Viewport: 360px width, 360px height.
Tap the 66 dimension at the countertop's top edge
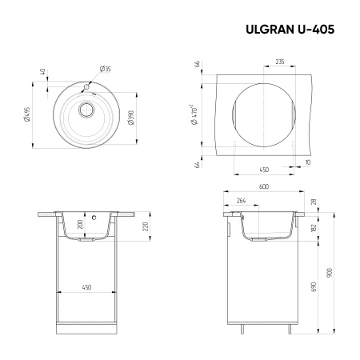[195, 65]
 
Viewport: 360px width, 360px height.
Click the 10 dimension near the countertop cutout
[307, 162]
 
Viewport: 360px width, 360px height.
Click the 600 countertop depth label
[264, 188]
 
